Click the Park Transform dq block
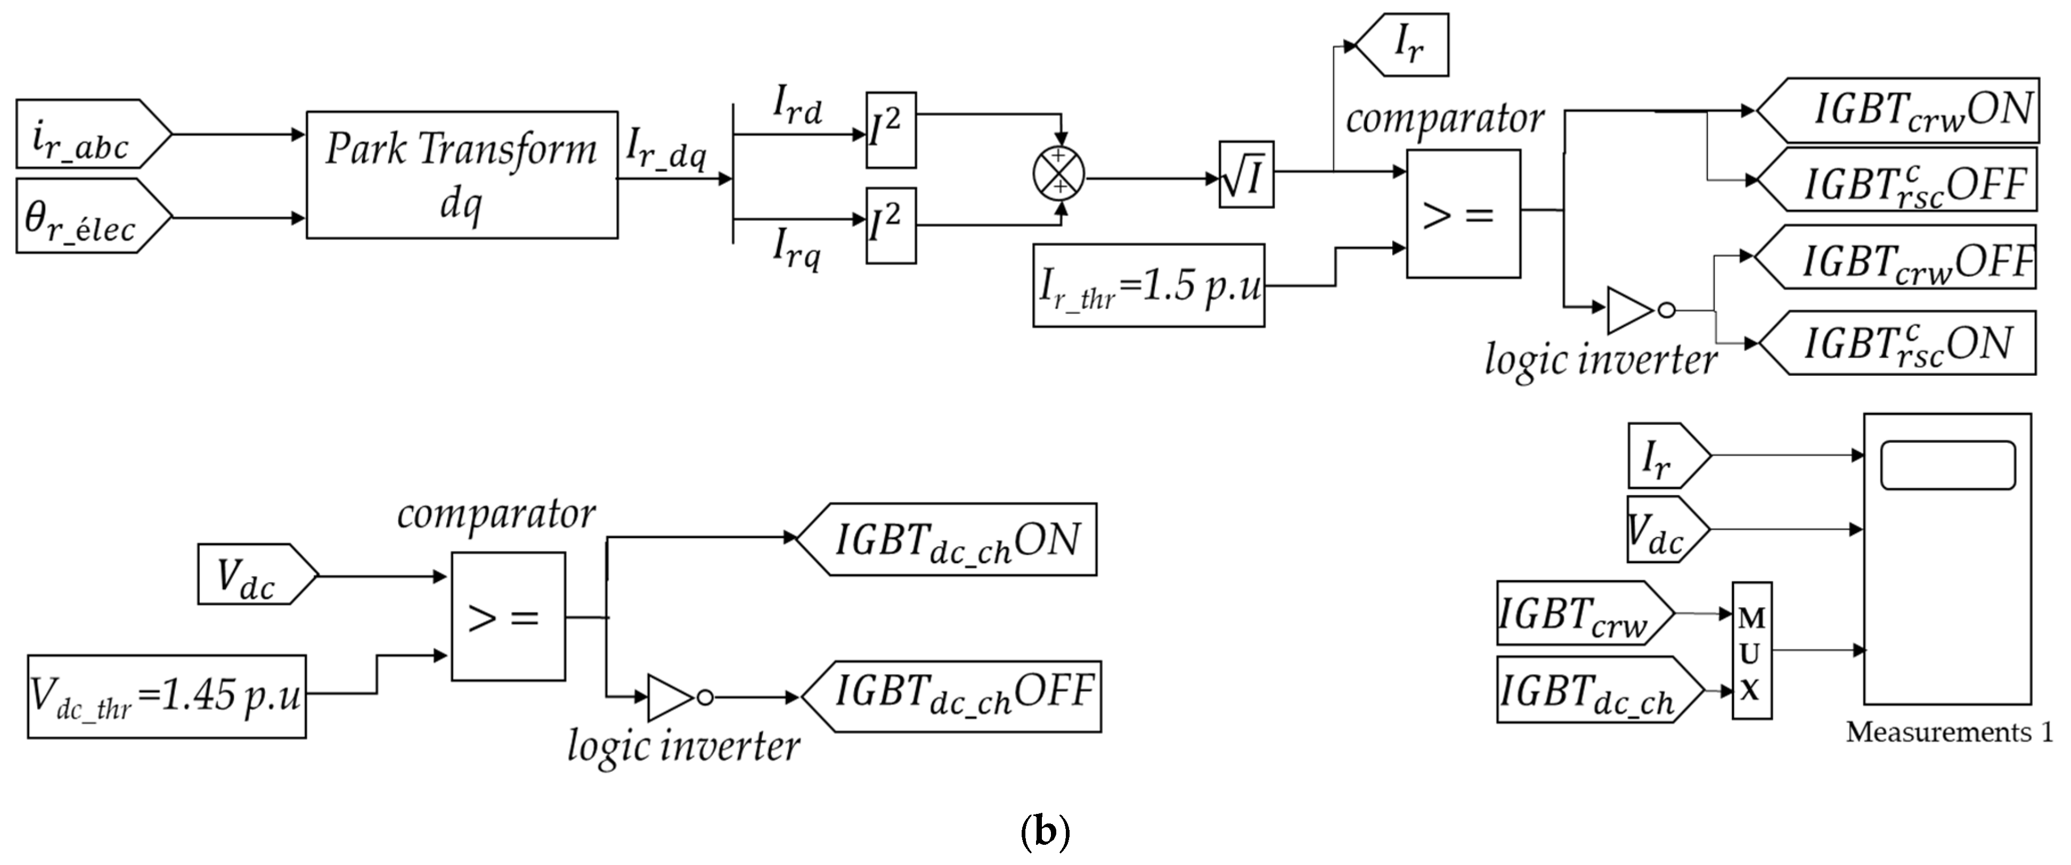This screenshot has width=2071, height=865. click(x=462, y=175)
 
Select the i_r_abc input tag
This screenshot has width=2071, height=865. click(x=88, y=134)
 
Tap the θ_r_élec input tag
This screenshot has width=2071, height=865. click(x=88, y=216)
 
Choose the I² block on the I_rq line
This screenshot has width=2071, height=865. click(x=891, y=225)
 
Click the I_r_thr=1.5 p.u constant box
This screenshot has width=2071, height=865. click(x=1148, y=285)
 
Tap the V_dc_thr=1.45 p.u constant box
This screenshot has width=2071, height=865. click(x=167, y=696)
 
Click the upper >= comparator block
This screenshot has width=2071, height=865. click(x=1462, y=214)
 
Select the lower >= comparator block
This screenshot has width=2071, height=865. click(x=507, y=616)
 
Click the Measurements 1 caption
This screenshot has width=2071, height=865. click(x=1949, y=732)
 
